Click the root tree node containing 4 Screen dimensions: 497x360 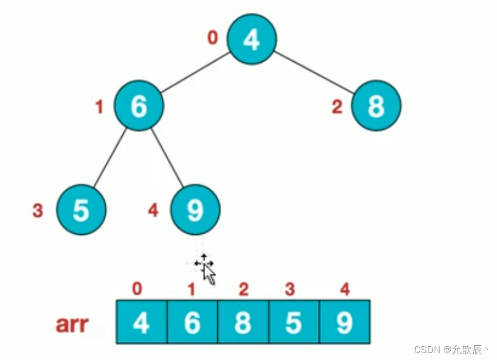[x=252, y=39]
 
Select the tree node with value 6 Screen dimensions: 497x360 [x=139, y=106]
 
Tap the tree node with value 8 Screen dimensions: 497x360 [x=376, y=106]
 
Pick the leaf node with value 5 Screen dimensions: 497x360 [x=81, y=210]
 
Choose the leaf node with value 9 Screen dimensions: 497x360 [x=195, y=210]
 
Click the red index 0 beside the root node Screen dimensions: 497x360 [x=213, y=38]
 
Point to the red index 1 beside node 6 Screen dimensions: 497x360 [x=99, y=107]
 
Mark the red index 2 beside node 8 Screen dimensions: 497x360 [x=337, y=107]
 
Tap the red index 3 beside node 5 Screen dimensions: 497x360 [x=38, y=211]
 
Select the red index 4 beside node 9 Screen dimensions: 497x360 [x=153, y=211]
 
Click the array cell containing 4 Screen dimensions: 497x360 [x=142, y=322]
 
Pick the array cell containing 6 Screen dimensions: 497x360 [x=193, y=322]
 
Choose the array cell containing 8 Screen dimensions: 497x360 [x=243, y=322]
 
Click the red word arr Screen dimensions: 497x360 [x=72, y=324]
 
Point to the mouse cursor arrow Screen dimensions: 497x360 [x=209, y=274]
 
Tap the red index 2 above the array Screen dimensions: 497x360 [x=243, y=290]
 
